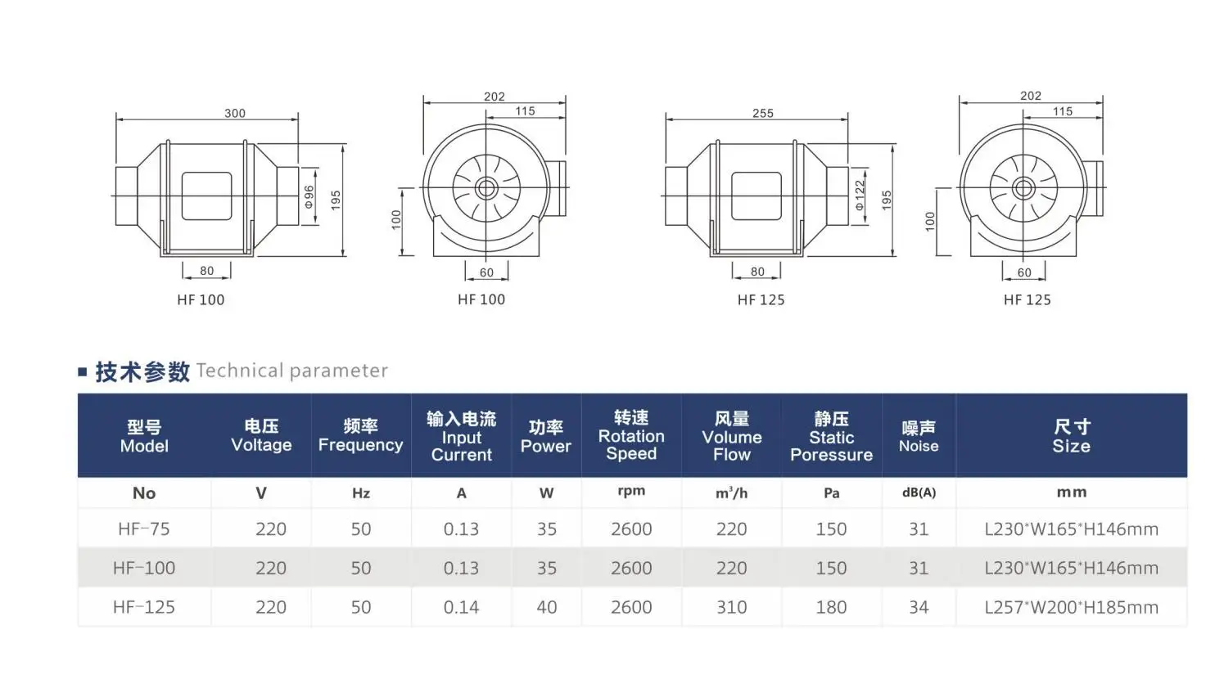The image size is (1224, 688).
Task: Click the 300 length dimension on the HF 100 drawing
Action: (x=235, y=113)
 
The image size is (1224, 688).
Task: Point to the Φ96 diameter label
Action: (x=309, y=196)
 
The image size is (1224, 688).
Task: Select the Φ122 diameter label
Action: (x=860, y=196)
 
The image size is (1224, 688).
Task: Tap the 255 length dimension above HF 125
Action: (x=762, y=113)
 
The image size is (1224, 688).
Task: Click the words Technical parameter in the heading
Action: (x=292, y=371)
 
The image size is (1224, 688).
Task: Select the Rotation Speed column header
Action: (x=631, y=435)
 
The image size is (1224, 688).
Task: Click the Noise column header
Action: (x=919, y=436)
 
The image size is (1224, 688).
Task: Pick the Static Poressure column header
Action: (x=831, y=436)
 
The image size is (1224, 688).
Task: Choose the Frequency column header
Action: (x=360, y=436)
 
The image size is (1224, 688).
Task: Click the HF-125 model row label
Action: (x=144, y=607)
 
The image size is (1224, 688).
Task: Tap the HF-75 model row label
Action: (x=144, y=529)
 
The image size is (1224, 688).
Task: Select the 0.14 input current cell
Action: (x=461, y=607)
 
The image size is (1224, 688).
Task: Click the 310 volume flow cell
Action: (x=731, y=607)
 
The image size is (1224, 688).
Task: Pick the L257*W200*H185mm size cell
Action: (x=1071, y=607)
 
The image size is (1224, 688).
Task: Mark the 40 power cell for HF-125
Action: (x=546, y=607)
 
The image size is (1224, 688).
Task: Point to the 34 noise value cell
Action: (x=919, y=607)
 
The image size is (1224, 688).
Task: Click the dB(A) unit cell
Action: (x=919, y=492)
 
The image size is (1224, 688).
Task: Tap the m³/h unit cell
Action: (x=731, y=492)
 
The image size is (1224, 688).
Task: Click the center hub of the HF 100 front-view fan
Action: (x=486, y=189)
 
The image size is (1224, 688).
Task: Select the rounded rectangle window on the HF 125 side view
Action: (x=756, y=196)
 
